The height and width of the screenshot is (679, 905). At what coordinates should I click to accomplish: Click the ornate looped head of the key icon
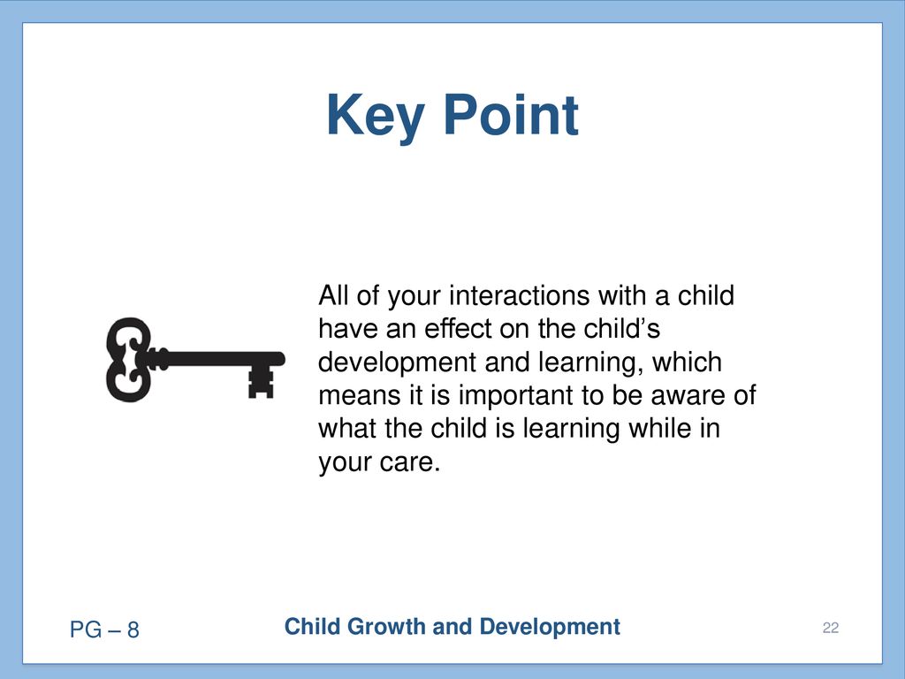[128, 359]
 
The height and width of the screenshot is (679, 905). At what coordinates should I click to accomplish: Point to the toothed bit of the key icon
[261, 382]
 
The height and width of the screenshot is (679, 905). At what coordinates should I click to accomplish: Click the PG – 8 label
[104, 629]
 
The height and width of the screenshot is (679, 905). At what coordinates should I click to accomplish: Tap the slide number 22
[831, 628]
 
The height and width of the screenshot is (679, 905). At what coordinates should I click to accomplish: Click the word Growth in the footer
[387, 627]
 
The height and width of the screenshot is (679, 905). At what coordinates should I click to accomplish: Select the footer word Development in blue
[550, 627]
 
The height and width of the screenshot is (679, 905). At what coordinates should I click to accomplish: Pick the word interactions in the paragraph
[520, 295]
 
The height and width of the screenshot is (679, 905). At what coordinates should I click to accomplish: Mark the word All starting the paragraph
[333, 295]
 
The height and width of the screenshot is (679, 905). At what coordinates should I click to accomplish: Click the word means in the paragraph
[359, 395]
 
